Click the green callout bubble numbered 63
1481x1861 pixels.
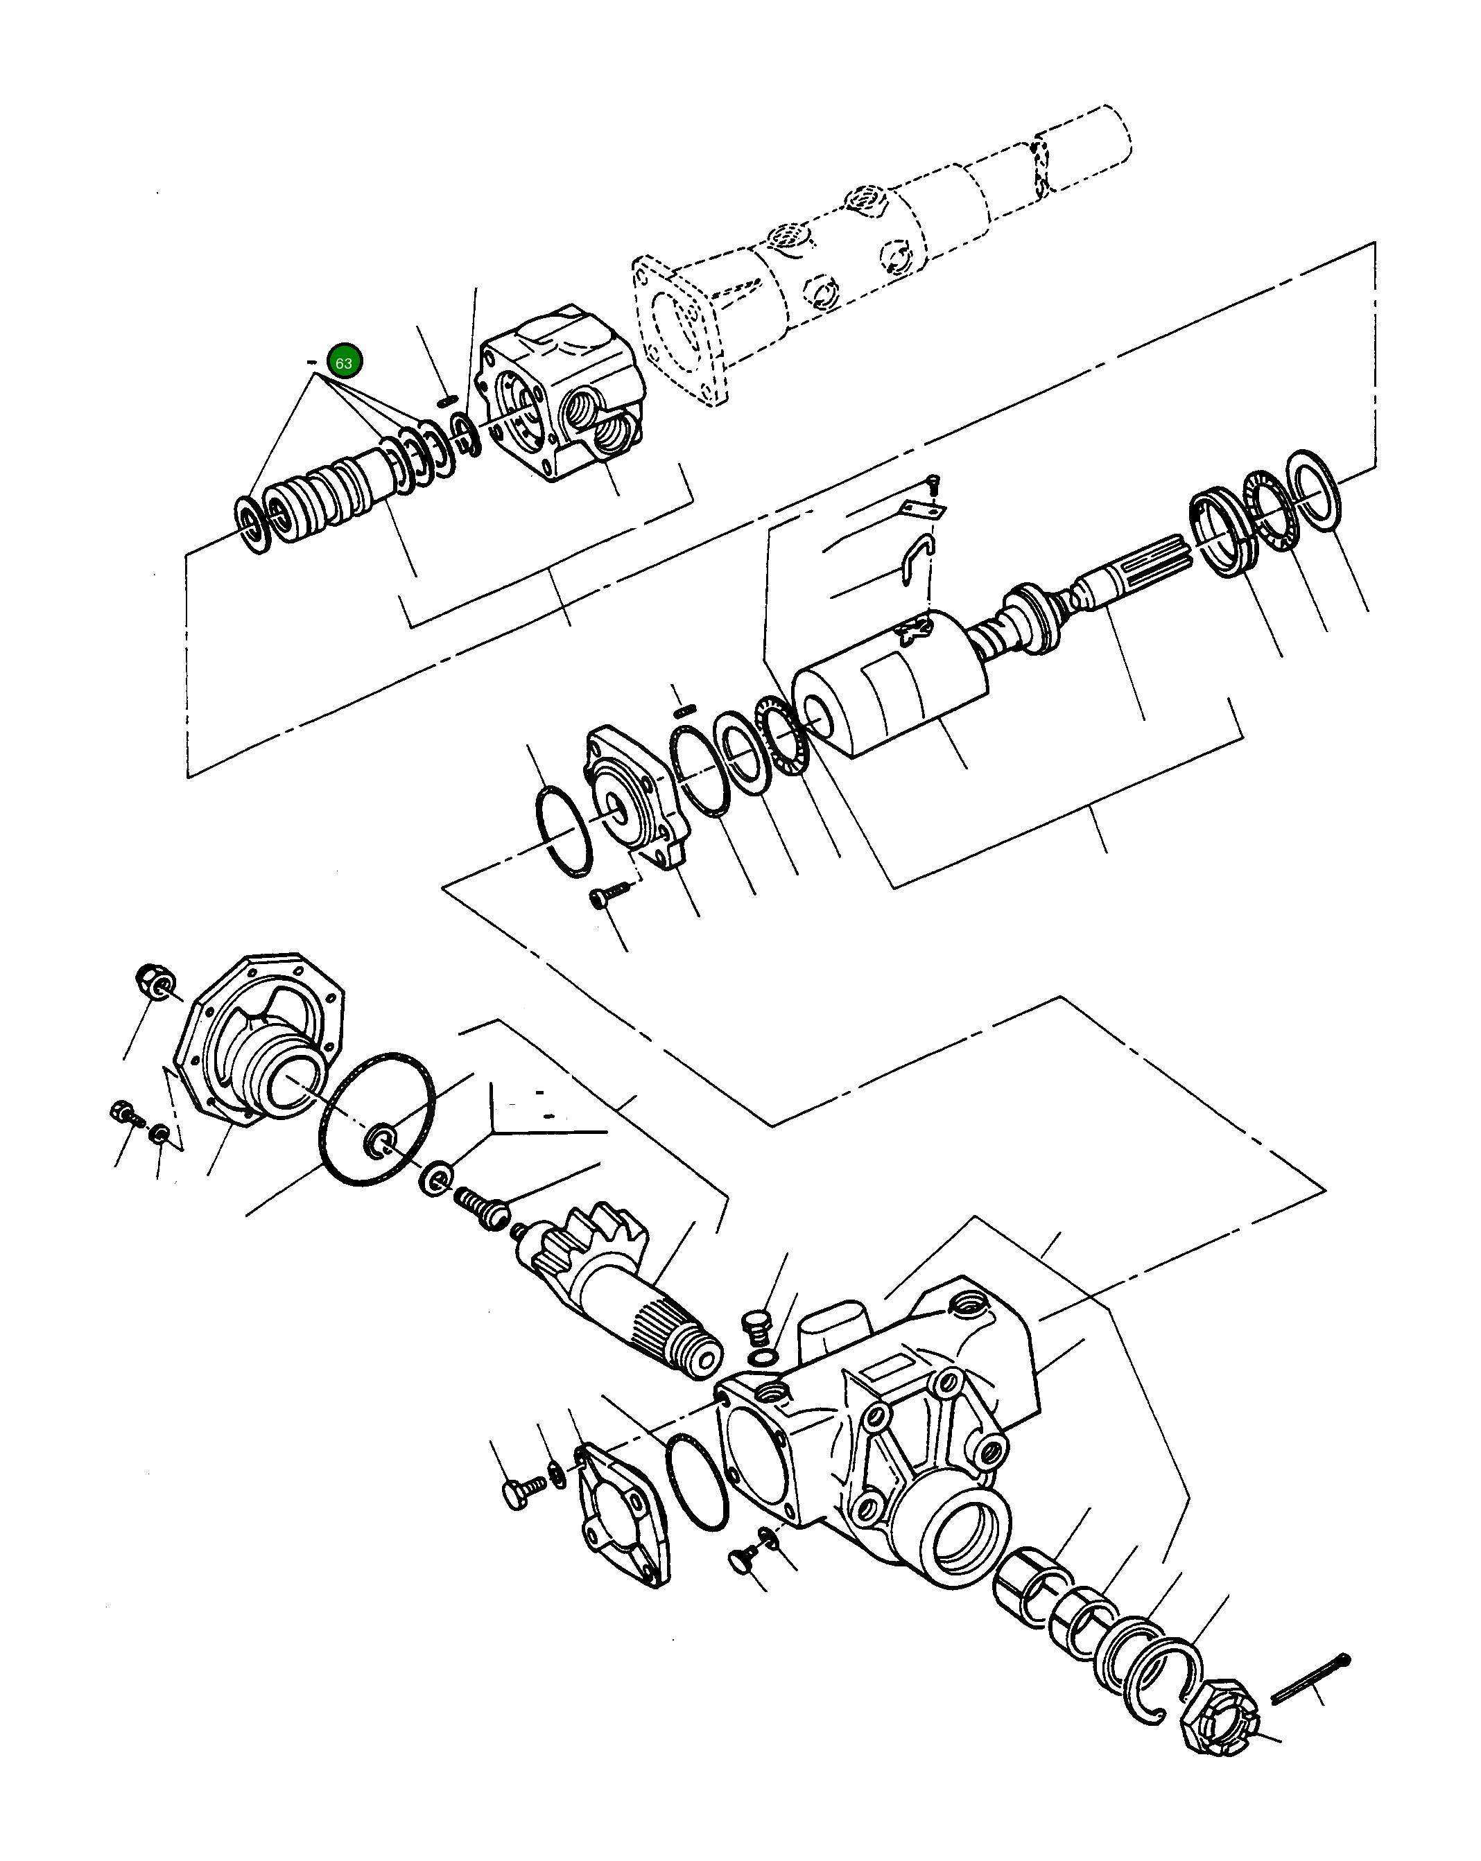344,362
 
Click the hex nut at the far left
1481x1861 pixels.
155,981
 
